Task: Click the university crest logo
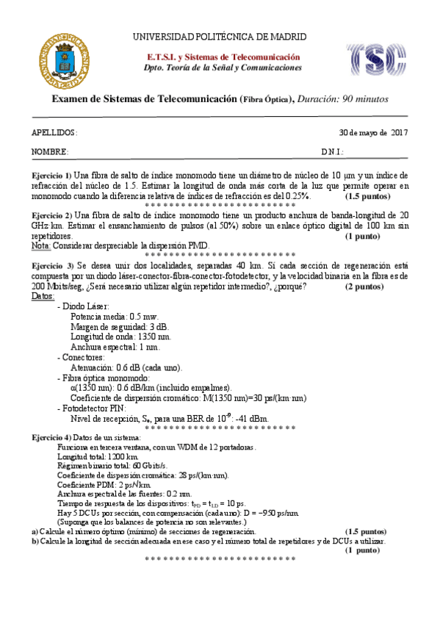(x=64, y=57)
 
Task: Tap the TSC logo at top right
(x=375, y=59)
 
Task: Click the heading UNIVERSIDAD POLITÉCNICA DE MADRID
(x=220, y=37)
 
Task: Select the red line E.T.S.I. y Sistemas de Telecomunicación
(x=223, y=57)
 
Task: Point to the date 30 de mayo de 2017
(x=372, y=132)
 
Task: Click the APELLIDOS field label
(x=54, y=132)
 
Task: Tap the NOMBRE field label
(x=50, y=152)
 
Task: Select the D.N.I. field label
(x=332, y=152)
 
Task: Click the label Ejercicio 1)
(x=51, y=176)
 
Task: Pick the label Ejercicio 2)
(x=51, y=215)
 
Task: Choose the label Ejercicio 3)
(x=51, y=264)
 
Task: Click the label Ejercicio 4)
(x=51, y=438)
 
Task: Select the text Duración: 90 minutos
(x=343, y=99)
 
